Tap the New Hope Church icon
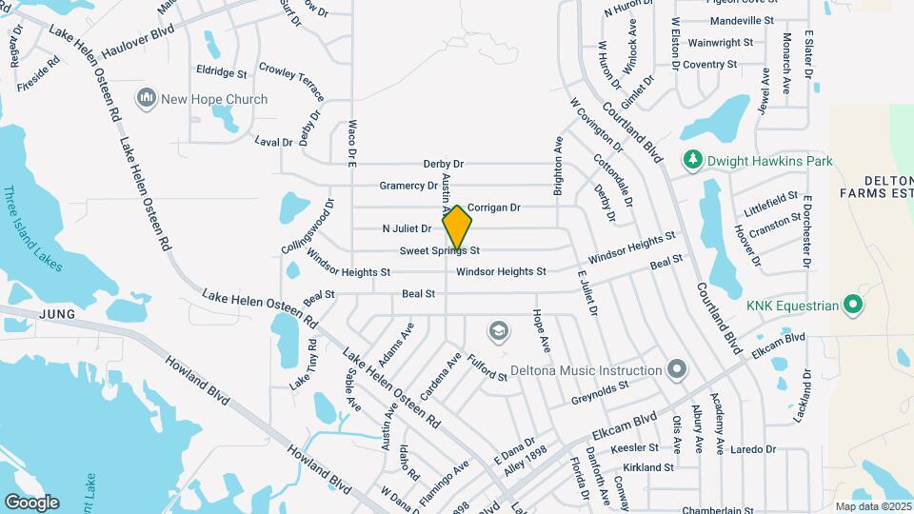147,98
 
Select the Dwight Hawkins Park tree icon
692,160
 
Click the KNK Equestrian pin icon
854,306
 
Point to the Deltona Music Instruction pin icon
677,369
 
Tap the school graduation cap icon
497,331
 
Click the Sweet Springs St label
438,251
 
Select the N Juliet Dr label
407,228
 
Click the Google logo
31,503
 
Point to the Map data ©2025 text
872,506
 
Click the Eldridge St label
221,71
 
